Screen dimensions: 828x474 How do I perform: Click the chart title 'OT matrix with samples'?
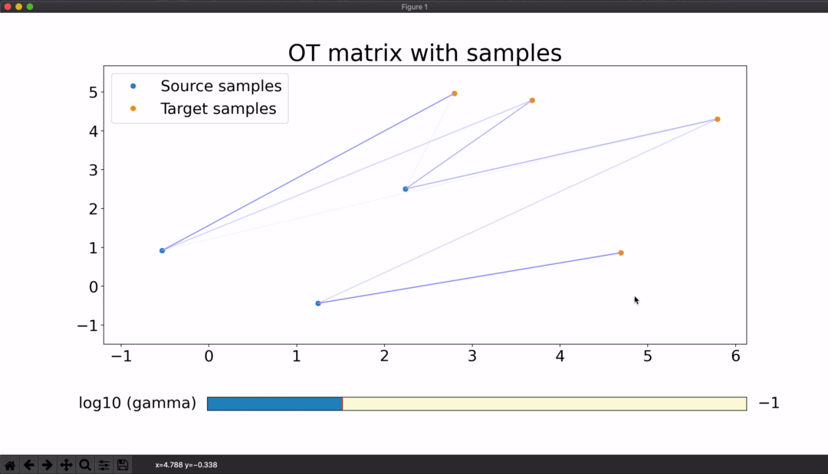(x=425, y=53)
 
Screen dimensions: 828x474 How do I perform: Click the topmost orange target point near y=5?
(x=454, y=93)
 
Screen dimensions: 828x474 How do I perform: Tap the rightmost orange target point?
(x=717, y=119)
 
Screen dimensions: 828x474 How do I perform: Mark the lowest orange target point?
(x=621, y=253)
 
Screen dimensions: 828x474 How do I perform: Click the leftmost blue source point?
(x=162, y=250)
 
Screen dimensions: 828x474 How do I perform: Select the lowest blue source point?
(x=318, y=303)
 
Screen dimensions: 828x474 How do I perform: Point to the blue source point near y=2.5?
(x=406, y=188)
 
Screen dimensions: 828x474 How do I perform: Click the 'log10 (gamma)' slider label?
(x=137, y=404)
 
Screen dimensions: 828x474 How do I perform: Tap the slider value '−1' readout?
(x=769, y=404)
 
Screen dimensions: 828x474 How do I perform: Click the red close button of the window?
(x=8, y=6)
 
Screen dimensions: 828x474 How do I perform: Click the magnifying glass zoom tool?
(x=84, y=465)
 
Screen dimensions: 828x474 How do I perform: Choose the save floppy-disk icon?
(x=123, y=465)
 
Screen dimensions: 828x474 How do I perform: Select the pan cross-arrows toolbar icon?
(x=66, y=465)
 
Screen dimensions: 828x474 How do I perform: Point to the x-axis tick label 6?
(x=735, y=356)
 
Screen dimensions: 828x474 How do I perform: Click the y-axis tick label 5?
(x=94, y=92)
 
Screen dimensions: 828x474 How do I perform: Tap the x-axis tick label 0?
(x=209, y=356)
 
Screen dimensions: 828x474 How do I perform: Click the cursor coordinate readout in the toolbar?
(x=186, y=465)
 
